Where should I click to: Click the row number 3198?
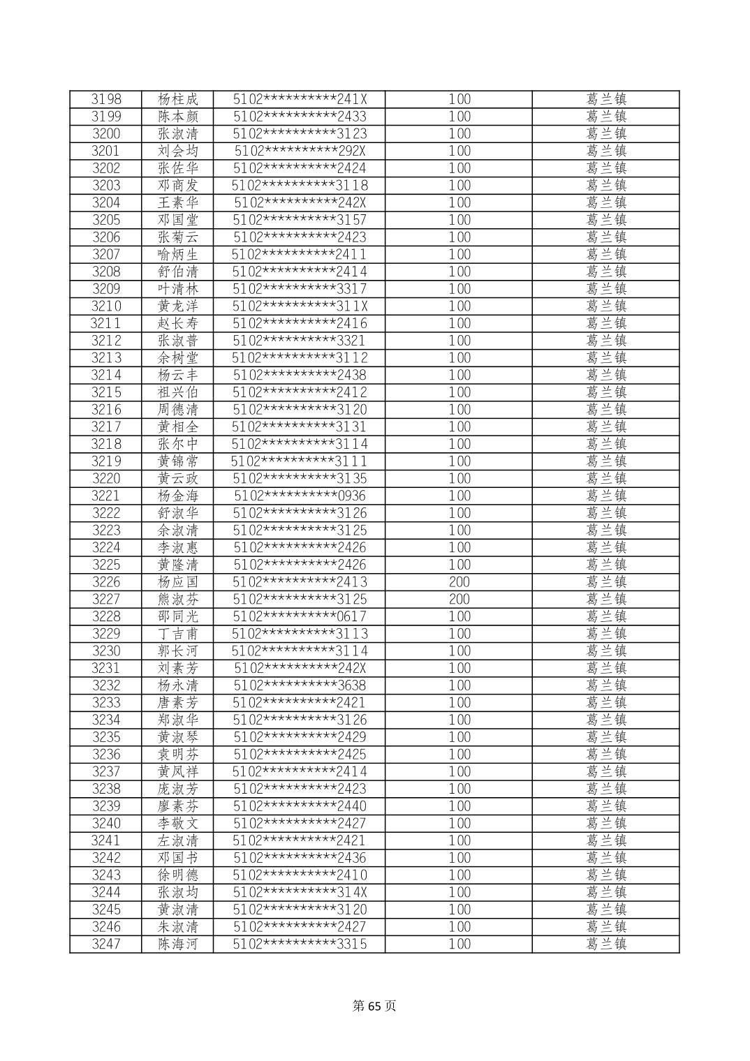pos(106,99)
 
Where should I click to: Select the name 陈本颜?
pos(178,117)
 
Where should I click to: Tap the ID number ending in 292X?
pos(300,151)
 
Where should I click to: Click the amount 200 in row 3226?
pos(459,582)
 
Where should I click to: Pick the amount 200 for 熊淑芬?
pos(459,600)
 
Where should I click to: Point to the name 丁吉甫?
pos(178,634)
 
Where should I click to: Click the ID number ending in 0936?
pos(300,496)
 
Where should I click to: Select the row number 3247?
pos(106,944)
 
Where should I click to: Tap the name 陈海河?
pos(178,944)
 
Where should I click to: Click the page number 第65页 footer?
pos(374,1006)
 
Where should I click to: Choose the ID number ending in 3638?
pos(300,685)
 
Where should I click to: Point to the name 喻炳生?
pos(178,254)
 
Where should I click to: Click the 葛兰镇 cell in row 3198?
pos(606,99)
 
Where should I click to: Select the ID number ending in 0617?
pos(300,616)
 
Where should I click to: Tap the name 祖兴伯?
pos(178,392)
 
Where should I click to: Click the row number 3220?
pos(106,479)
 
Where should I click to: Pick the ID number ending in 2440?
pos(300,806)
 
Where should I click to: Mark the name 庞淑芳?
pos(178,789)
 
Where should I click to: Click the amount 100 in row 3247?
pos(459,944)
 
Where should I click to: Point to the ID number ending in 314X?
pos(300,892)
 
